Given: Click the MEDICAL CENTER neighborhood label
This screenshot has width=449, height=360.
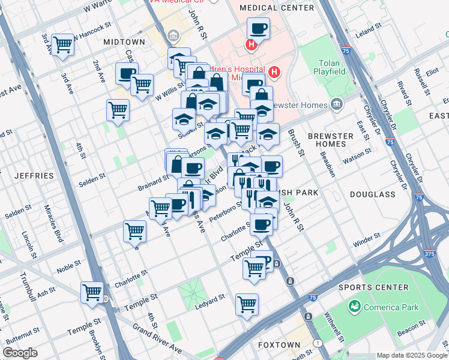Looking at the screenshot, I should (x=276, y=8).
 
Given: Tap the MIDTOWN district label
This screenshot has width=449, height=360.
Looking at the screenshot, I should (x=124, y=42).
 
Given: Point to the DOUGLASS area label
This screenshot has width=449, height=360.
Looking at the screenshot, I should (x=373, y=194).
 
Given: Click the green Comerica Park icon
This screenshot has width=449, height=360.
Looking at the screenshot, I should (x=355, y=307).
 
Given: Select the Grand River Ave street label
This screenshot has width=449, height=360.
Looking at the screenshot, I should (x=157, y=339).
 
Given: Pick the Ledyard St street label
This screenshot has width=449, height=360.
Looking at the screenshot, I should (x=209, y=302).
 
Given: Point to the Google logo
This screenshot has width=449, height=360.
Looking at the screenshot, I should (x=20, y=352).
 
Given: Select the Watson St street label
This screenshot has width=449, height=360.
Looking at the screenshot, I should (x=354, y=160).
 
